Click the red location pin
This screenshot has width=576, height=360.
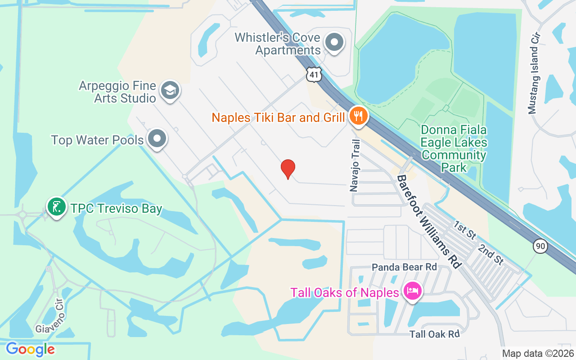click(288, 169)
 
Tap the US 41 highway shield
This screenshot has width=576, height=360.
click(314, 74)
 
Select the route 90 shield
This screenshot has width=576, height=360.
click(540, 246)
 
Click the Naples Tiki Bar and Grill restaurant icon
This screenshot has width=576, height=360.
click(358, 117)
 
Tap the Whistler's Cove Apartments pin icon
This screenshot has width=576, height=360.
click(334, 43)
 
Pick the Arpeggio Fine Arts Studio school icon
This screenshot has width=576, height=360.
click(170, 90)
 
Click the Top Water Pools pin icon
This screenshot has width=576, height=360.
click(157, 139)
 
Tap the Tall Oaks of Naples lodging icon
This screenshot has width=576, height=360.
click(412, 291)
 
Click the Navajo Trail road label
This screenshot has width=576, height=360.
click(355, 166)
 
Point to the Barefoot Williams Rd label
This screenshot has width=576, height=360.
click(429, 221)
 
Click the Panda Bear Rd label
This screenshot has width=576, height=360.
click(404, 267)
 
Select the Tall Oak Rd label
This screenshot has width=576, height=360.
click(434, 334)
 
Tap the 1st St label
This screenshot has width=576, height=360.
click(465, 230)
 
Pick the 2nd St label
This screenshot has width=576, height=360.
click(490, 254)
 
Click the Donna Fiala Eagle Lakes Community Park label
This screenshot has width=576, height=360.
click(454, 149)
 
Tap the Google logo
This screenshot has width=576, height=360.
click(30, 349)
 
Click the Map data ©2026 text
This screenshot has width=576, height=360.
click(537, 353)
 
